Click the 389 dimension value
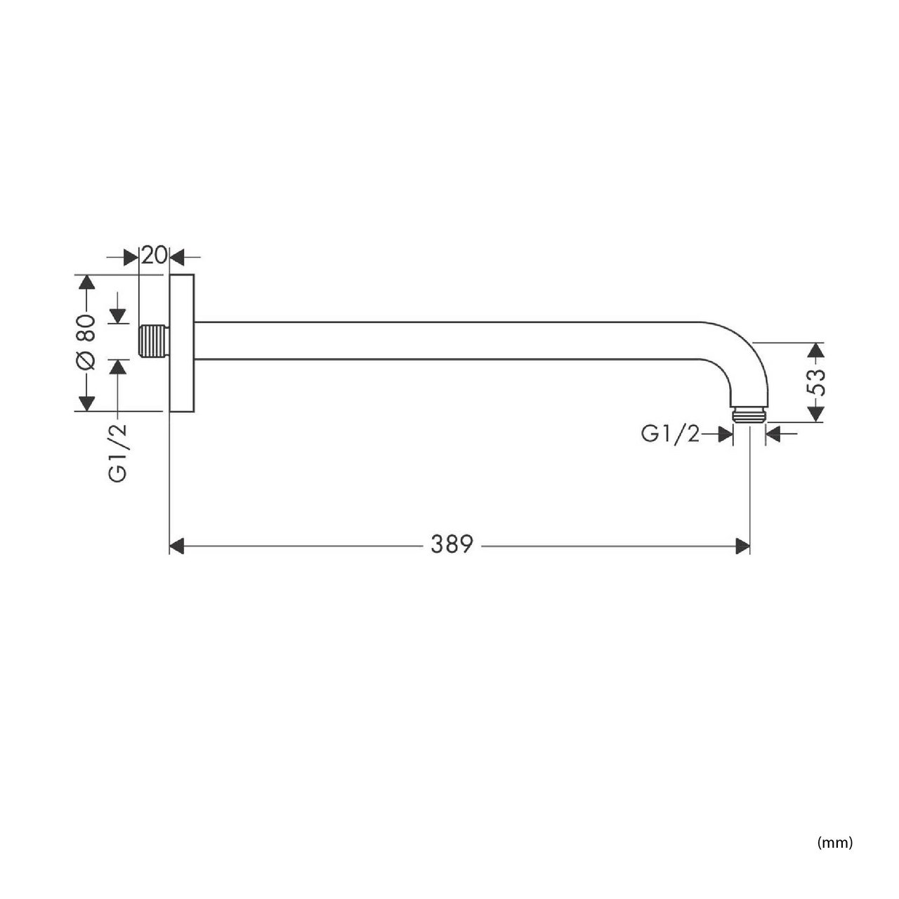coord(452,544)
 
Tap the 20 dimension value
coord(154,256)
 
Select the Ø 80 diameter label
coord(86,343)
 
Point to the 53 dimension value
coord(816,383)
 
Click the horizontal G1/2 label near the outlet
coord(671,434)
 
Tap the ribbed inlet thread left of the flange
coord(154,341)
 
